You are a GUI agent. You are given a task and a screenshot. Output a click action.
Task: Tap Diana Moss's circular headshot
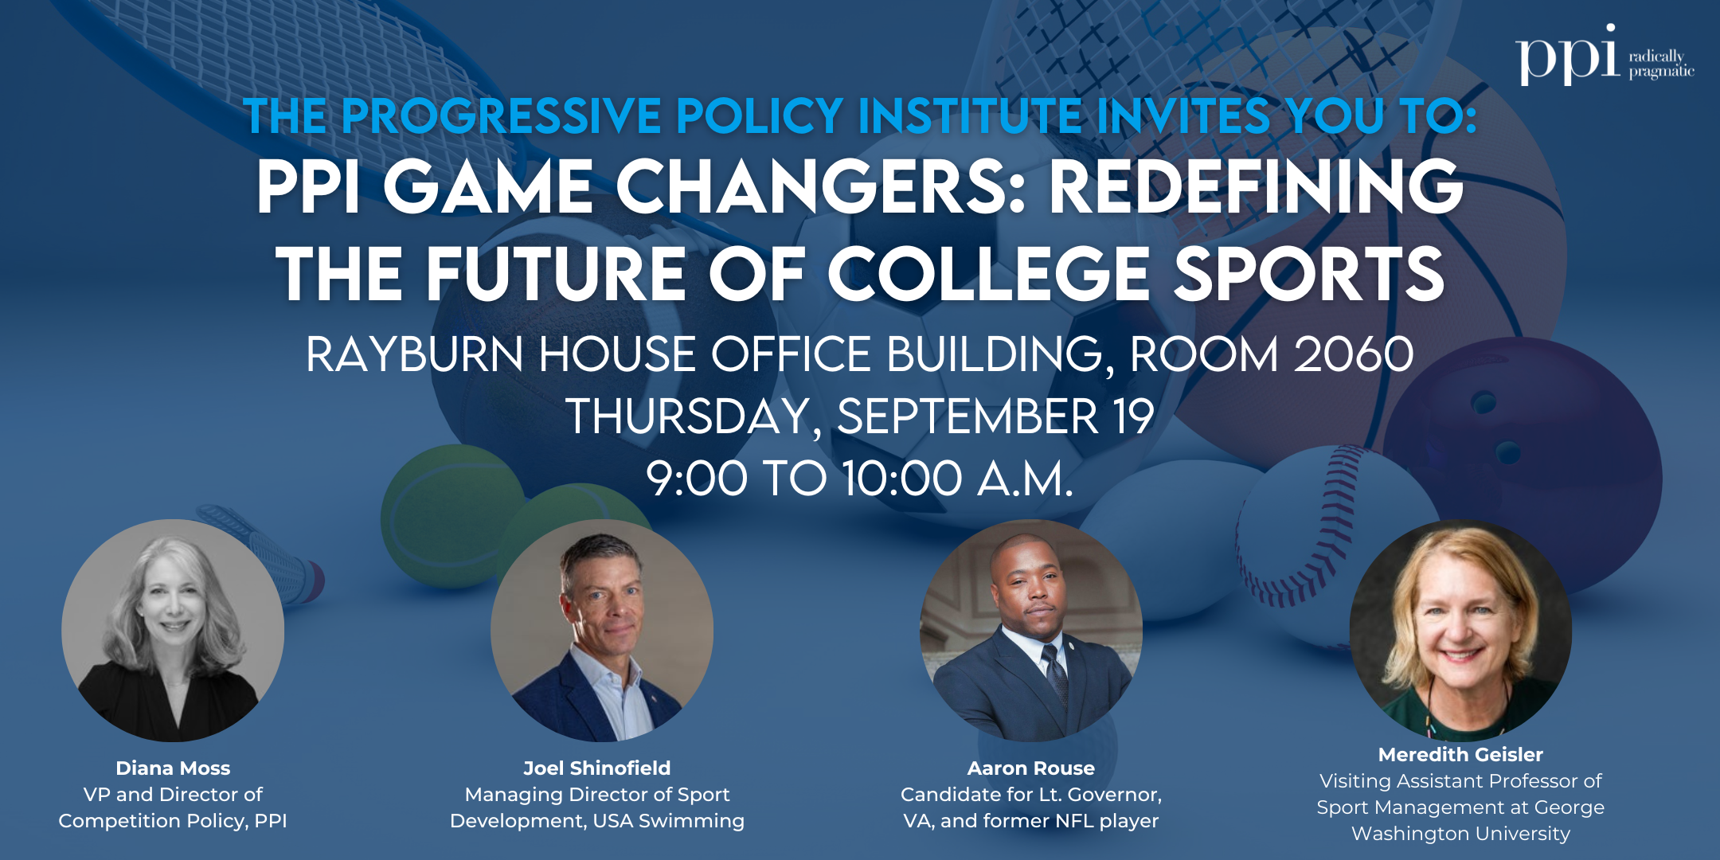click(x=173, y=631)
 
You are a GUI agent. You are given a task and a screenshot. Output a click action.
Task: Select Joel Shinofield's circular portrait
click(x=602, y=631)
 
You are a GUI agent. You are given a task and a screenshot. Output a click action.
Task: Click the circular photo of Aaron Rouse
click(x=1030, y=631)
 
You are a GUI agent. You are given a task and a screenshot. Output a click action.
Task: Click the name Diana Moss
click(x=173, y=768)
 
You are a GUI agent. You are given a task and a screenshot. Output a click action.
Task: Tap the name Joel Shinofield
click(x=596, y=768)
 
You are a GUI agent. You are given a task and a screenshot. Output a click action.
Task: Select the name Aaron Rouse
click(x=1030, y=768)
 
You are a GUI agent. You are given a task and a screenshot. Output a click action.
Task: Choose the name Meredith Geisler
click(x=1460, y=755)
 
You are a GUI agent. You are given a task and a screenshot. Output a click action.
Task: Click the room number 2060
click(x=1353, y=354)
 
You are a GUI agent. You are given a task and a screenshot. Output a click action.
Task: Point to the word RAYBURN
click(x=414, y=354)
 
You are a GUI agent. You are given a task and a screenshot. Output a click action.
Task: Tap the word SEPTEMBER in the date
click(x=967, y=416)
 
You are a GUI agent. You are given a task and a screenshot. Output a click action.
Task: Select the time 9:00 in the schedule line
click(x=696, y=479)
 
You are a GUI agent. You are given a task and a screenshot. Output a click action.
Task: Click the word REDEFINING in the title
click(x=1256, y=187)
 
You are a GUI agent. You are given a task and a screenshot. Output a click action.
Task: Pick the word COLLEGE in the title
click(x=988, y=274)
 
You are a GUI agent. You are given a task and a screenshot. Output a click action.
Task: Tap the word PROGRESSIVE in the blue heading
click(x=502, y=116)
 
